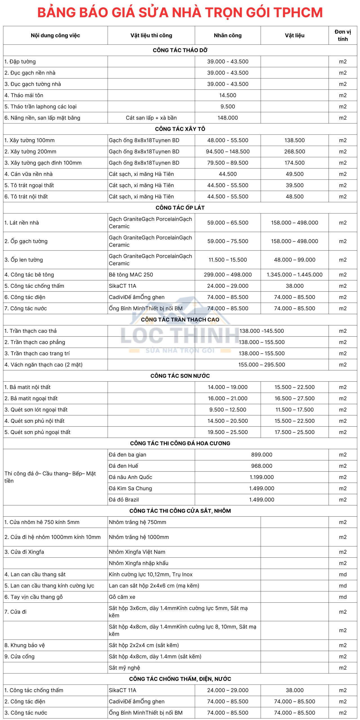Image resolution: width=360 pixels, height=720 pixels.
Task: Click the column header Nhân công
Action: coord(228,35)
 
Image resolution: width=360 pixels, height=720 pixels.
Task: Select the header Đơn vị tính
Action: coord(343,35)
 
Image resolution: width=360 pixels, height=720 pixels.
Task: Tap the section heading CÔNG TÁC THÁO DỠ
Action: coord(180,50)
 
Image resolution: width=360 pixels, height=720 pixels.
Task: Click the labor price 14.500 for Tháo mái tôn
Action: coord(228,95)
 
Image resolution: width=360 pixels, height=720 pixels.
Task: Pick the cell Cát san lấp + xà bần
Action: coord(151,118)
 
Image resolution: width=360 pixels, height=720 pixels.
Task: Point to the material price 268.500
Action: coord(294,152)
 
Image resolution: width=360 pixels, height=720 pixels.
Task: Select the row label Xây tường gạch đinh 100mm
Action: coord(43,163)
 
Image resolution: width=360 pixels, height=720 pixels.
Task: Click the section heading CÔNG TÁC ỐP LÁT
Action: coord(180,208)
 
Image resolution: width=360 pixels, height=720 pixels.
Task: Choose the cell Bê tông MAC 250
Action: coord(131,275)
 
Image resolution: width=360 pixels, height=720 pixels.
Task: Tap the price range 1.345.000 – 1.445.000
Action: coord(294,275)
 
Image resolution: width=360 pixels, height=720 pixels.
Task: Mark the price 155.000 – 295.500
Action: coord(262,365)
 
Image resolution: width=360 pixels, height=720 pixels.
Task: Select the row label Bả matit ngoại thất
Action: coord(31,399)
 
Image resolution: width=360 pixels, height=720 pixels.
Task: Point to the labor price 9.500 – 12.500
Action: coord(228,410)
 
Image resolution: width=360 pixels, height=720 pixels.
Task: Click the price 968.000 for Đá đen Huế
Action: coord(262,466)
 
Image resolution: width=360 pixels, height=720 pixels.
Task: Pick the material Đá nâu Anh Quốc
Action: coord(130,477)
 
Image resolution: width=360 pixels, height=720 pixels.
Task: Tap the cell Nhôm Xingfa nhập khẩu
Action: coord(139,563)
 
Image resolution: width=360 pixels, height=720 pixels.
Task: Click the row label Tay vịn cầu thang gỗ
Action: coord(34,597)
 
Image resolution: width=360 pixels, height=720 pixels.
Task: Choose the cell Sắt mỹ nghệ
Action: coord(124,668)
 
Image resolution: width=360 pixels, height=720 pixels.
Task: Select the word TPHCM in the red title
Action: coord(298,13)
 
